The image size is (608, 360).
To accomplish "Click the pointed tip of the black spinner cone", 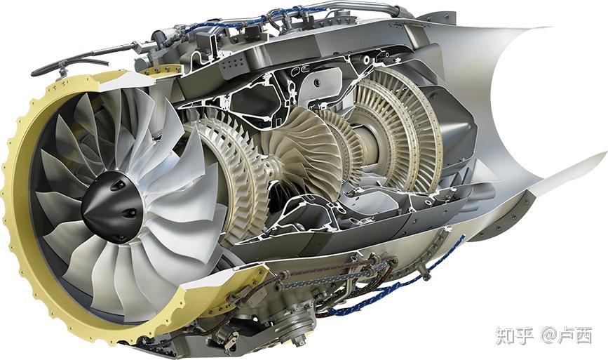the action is (83, 213).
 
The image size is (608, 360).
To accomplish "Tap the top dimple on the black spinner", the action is (115, 186).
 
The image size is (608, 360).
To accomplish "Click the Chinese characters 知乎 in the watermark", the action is (515, 336).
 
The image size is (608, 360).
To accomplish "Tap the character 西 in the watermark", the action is (583, 336).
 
